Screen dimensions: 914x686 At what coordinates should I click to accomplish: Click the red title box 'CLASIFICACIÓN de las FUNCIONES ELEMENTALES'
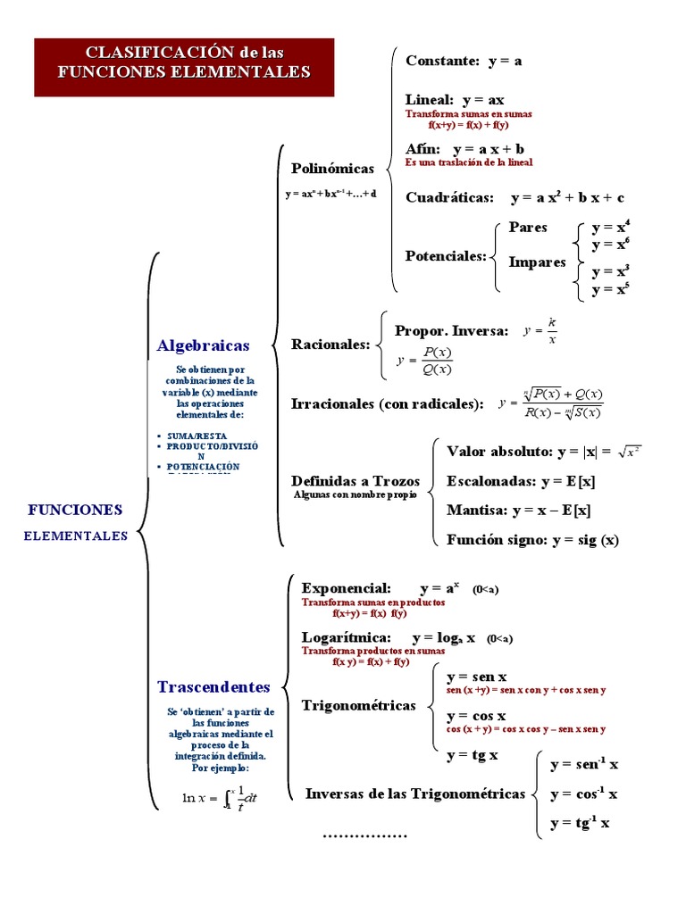pos(184,67)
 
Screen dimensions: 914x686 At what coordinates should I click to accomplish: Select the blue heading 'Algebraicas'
pos(203,345)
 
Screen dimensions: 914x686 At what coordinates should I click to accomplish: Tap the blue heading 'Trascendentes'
pos(213,686)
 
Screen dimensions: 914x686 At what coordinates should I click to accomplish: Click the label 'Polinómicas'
pos(332,168)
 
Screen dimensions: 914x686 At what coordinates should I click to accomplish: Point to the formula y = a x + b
pos(489,149)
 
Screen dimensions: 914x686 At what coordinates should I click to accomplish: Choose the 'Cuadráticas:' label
pos(449,197)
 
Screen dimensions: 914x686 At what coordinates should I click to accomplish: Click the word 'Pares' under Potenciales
pos(528,228)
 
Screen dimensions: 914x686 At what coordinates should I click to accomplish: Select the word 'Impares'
pos(537,262)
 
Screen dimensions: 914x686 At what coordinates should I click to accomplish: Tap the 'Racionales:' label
pos(330,345)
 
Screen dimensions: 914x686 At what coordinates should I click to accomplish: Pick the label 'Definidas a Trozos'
pos(356,481)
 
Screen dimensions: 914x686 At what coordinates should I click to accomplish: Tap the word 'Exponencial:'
pos(347,588)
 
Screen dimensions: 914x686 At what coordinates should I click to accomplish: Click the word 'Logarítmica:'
pos(347,637)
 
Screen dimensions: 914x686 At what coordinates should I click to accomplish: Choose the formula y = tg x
pos(472,755)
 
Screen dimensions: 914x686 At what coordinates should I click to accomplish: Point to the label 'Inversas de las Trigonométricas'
pos(415,794)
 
